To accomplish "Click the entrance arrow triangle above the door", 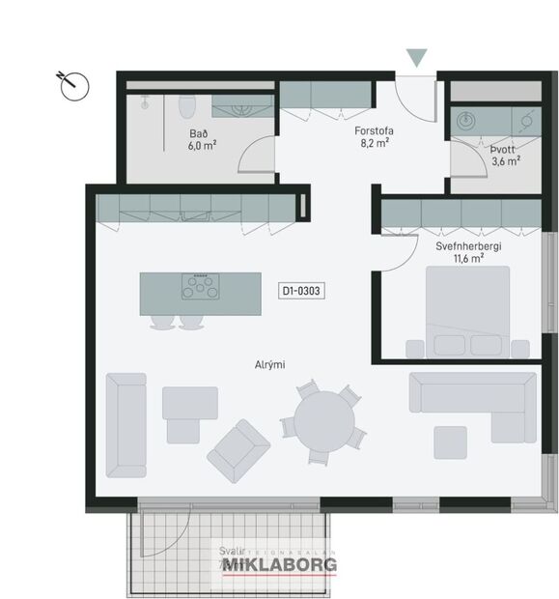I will point(416,58).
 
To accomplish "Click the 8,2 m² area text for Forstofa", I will point(374,143).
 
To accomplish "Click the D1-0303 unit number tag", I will point(300,289).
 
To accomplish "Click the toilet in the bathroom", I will point(189,105).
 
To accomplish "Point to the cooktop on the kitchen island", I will point(201,286).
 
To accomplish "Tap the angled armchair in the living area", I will point(238,451).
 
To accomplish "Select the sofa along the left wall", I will point(126,424).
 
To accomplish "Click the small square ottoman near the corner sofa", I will point(450,442).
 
